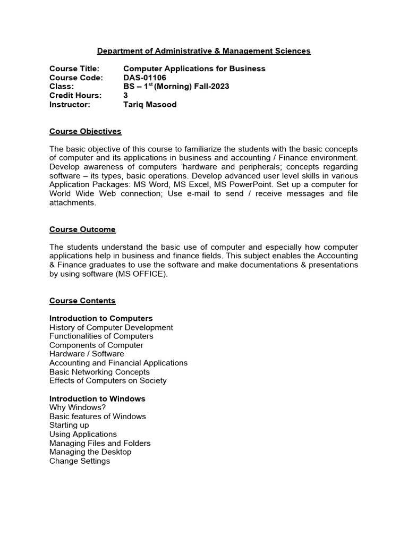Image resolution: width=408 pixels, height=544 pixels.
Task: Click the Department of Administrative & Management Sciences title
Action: coord(203,51)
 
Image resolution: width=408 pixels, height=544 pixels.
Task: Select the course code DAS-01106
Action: coord(144,78)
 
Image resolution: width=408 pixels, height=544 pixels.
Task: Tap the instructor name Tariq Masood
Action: coord(150,105)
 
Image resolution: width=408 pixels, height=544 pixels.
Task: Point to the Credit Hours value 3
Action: coord(125,96)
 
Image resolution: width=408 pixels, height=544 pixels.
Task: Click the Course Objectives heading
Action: coord(85,131)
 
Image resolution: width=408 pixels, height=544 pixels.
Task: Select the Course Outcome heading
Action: coord(82,229)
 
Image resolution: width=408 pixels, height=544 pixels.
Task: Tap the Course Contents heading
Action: coord(82,301)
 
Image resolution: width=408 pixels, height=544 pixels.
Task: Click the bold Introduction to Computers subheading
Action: coord(101,319)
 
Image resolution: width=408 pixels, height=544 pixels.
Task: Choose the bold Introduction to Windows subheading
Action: coord(97,398)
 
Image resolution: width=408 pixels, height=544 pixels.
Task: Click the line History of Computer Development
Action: coord(111,327)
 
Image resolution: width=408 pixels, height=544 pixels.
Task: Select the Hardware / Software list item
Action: coord(87,354)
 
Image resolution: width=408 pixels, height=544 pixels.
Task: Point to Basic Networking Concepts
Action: coord(99,372)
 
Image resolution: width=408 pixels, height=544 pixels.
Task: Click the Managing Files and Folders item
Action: coord(100,443)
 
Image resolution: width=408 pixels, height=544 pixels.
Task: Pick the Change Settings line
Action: coord(80,461)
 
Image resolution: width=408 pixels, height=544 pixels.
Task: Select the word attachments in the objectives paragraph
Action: coord(72,203)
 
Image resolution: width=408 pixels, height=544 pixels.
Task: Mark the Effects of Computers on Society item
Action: coord(108,380)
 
